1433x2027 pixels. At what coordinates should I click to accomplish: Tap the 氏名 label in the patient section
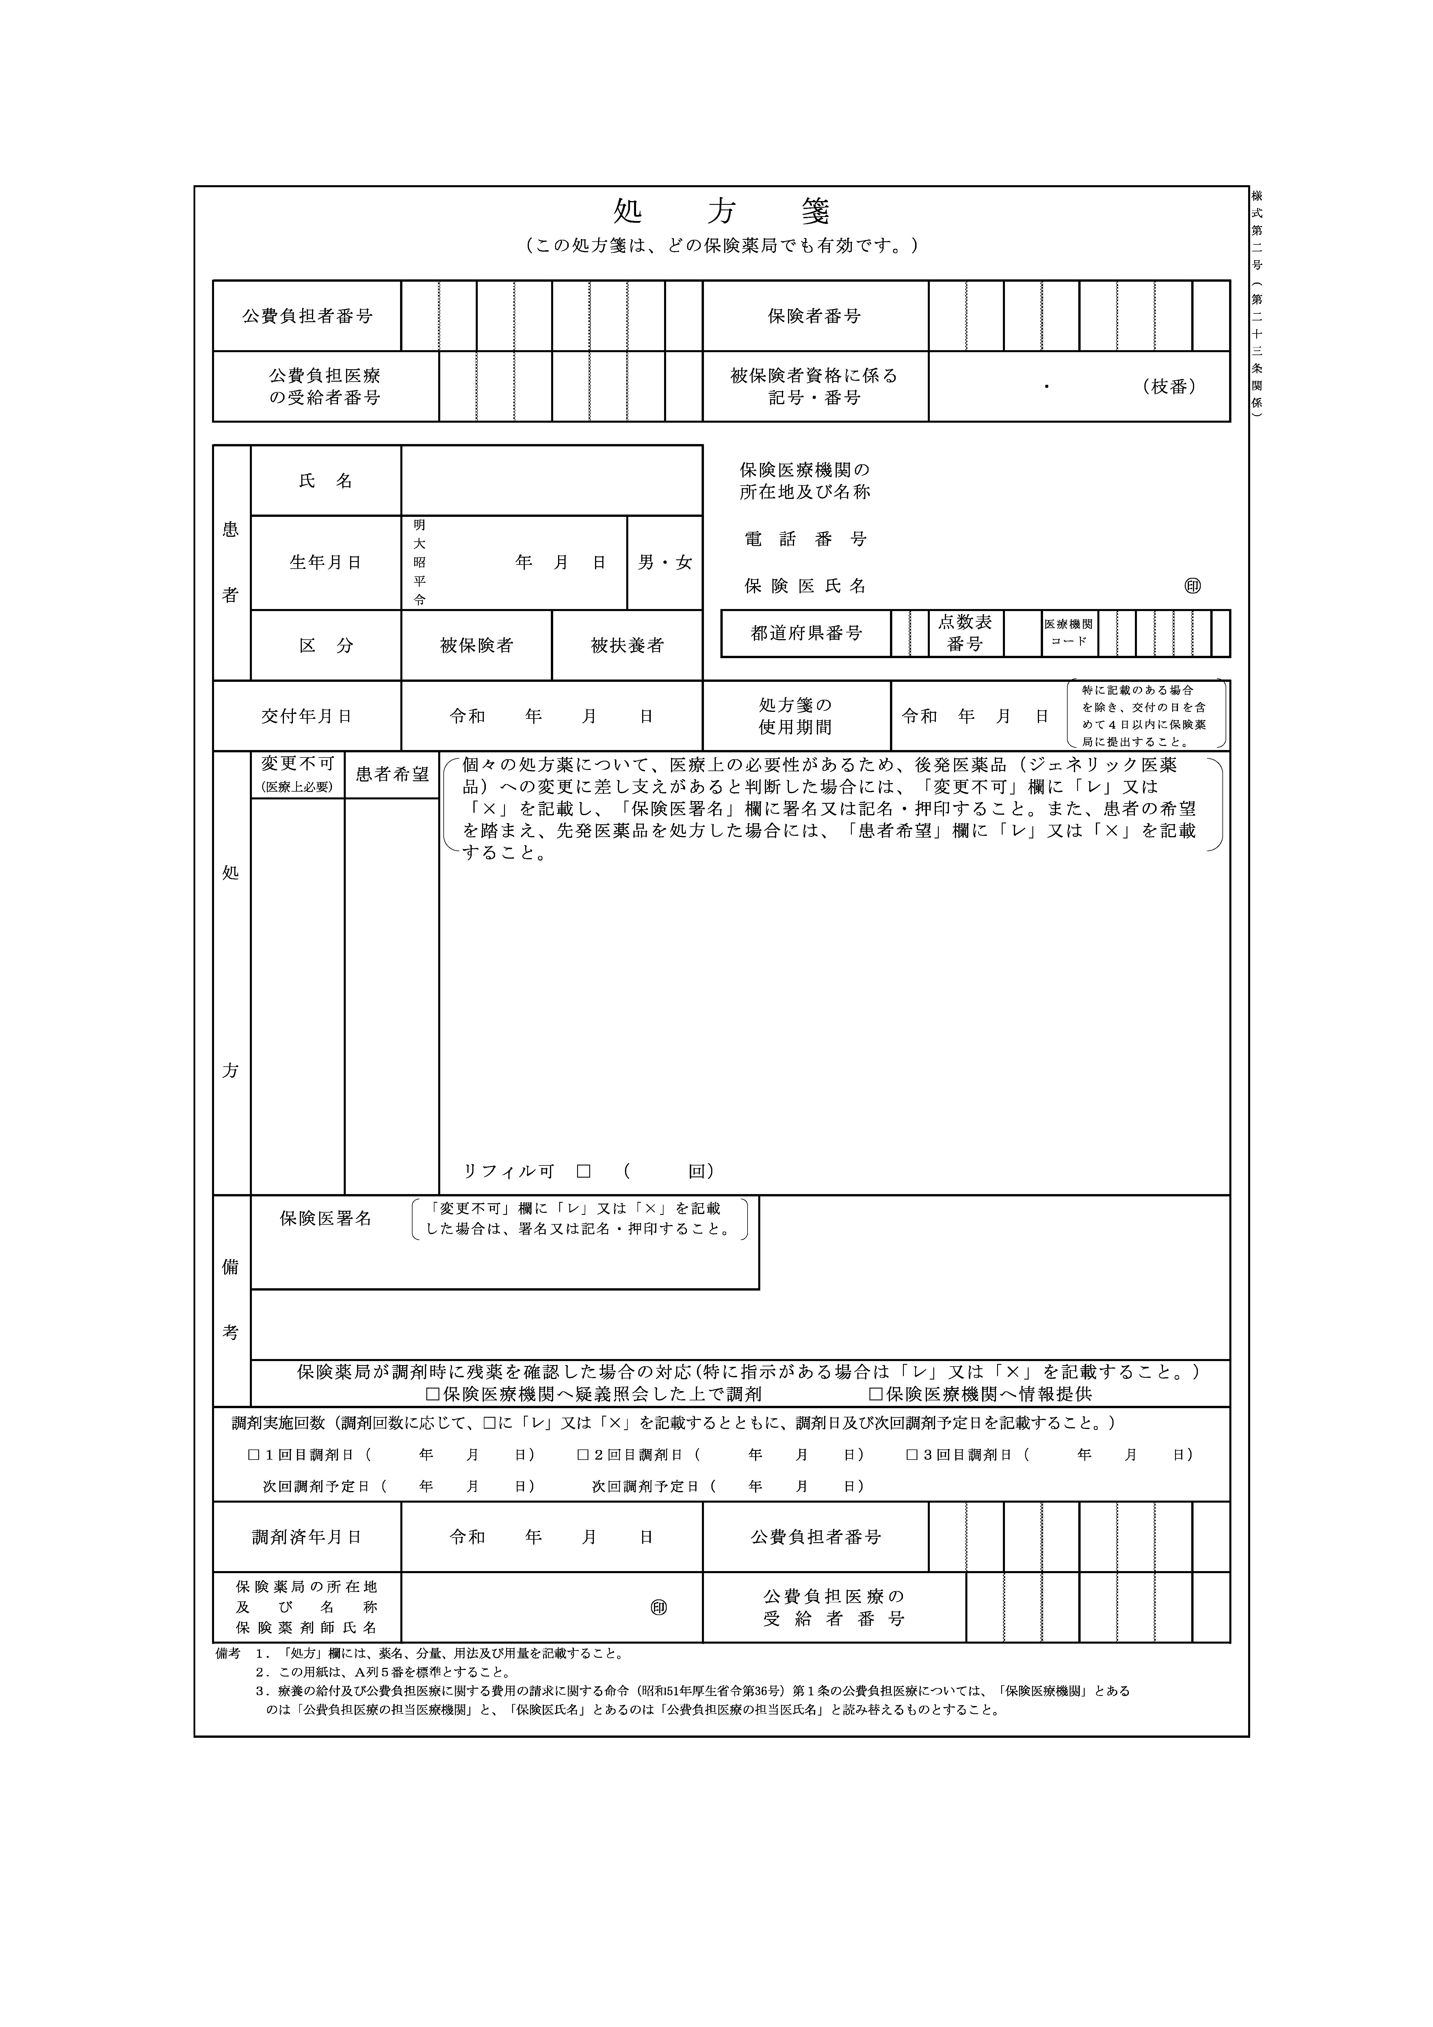326,481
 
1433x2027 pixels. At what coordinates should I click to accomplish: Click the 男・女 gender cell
665,563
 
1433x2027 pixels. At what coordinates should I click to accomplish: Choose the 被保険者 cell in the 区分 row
477,645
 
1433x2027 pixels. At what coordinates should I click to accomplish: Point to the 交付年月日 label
306,716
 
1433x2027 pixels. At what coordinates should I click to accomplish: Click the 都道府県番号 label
806,633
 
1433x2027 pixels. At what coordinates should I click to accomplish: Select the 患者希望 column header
392,774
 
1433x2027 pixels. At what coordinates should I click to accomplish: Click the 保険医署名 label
326,1218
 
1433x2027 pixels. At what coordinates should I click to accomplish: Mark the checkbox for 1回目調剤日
254,1454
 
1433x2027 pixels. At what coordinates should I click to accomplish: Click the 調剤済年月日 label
306,1537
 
